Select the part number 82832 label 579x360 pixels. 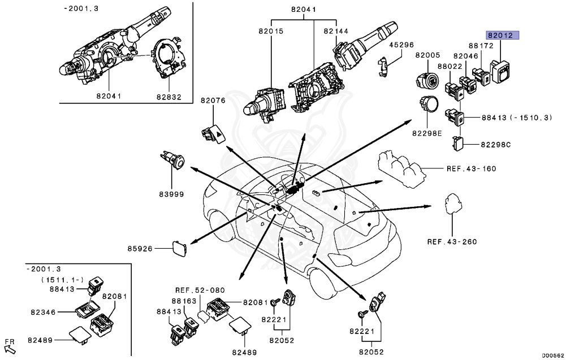169,97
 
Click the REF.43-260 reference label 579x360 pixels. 452,242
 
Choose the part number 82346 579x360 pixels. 42,311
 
